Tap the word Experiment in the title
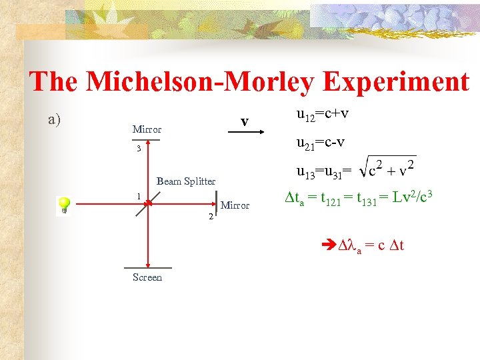coord(396,82)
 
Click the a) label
coord(55,120)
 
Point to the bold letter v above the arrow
coord(245,121)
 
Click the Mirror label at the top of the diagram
coord(147,129)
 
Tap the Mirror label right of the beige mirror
coord(235,205)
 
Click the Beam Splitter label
coord(186,181)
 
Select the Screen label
coord(147,277)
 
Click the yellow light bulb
coord(64,204)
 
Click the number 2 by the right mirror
coord(211,217)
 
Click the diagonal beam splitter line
coord(146,203)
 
